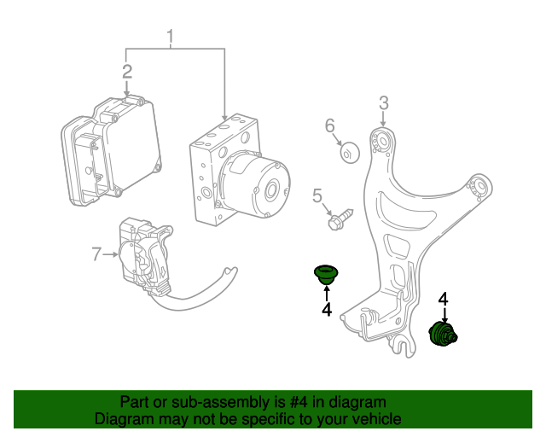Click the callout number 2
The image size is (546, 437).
coord(126,72)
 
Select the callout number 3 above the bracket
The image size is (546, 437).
coord(383,103)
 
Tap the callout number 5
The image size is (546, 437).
coord(317,197)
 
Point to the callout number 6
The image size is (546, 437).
coord(330,127)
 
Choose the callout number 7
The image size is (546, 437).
coord(96,253)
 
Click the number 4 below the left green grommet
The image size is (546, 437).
coord(326,310)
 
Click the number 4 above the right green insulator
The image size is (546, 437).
coord(443,299)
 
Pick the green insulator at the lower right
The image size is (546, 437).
coord(444,335)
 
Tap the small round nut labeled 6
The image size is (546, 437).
coord(349,153)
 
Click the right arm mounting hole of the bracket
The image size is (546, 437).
coord(480,186)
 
